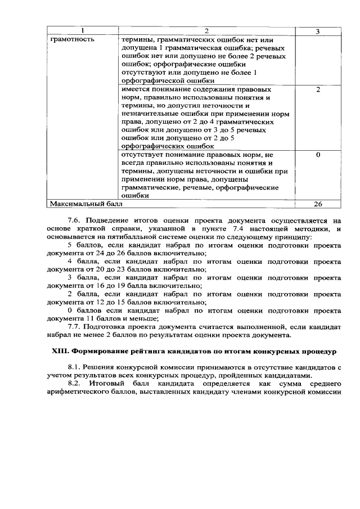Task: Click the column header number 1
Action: (82, 31)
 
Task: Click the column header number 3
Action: (318, 31)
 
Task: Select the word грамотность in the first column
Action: (73, 39)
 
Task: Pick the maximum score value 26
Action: (318, 204)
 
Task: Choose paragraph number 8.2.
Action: (75, 384)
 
